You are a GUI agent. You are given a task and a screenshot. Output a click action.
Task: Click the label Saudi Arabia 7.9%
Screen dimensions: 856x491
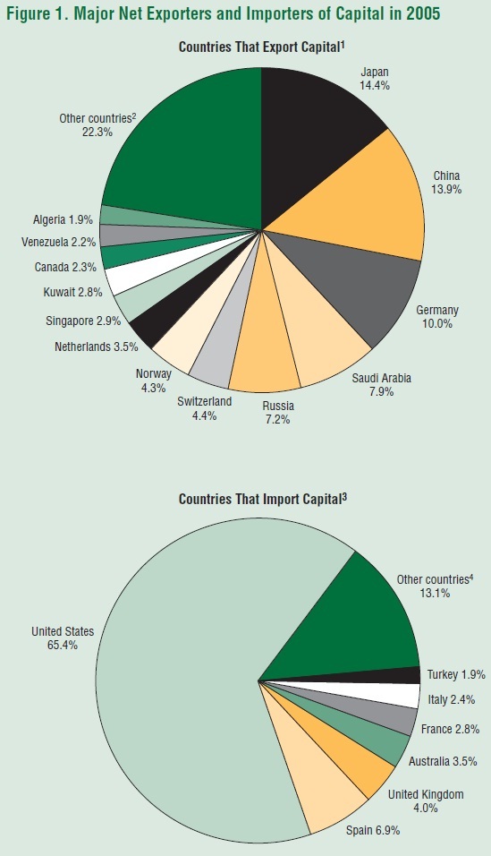(x=381, y=385)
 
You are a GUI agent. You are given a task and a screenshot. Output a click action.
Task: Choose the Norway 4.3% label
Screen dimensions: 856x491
(x=153, y=380)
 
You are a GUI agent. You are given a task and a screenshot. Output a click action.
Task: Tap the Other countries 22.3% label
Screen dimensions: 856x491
(x=95, y=124)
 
